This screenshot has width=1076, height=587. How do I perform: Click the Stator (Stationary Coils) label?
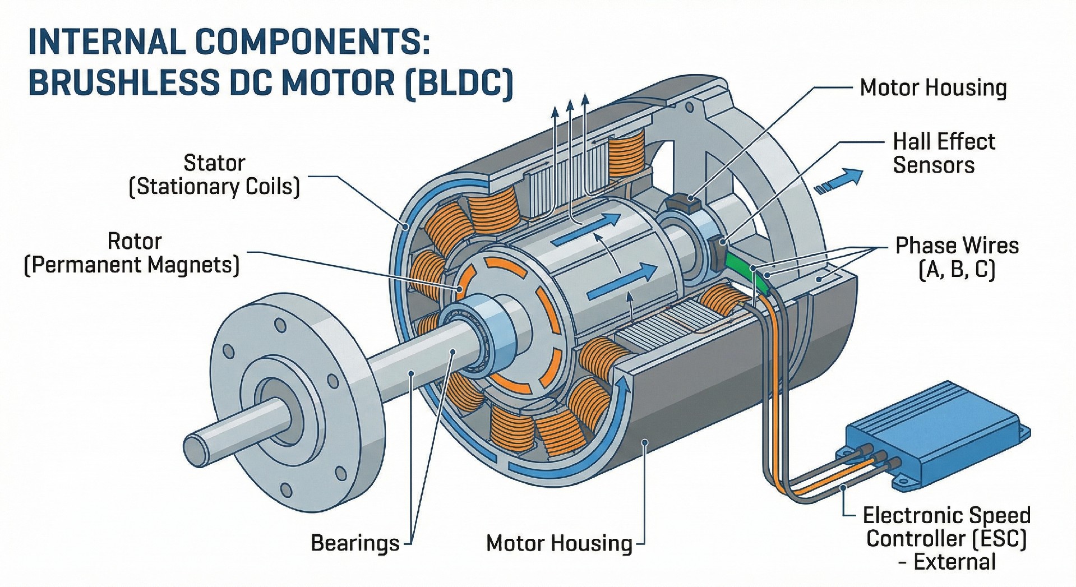pos(215,175)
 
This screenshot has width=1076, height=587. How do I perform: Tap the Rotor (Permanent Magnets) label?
pos(132,253)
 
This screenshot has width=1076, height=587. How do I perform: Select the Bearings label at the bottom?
pos(354,543)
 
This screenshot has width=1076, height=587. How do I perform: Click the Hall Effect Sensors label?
pos(943,153)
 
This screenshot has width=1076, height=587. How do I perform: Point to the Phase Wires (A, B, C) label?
pos(957,257)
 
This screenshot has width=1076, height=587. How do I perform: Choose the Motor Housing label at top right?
pos(933,88)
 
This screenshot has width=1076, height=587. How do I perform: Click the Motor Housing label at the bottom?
pos(559,543)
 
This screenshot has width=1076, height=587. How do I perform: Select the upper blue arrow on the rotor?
pos(586,230)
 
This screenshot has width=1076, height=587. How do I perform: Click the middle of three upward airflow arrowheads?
pos(570,105)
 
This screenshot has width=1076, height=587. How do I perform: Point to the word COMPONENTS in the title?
pos(312,42)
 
